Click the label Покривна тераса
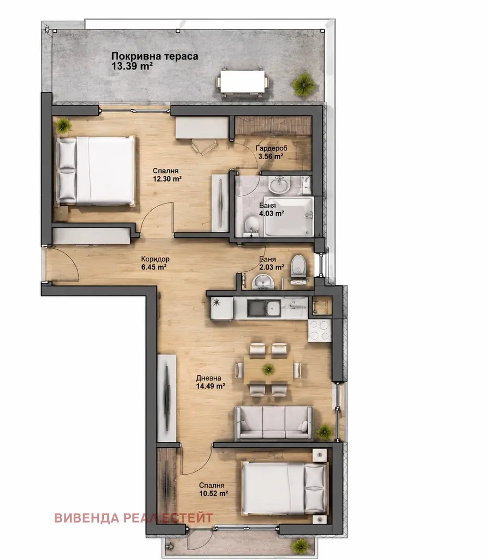(155, 56)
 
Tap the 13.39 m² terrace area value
(132, 66)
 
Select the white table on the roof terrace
(243, 82)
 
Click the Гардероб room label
(271, 148)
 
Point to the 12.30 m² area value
(167, 179)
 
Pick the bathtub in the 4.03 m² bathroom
(289, 217)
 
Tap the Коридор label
(155, 259)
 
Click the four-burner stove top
(320, 330)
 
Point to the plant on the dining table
(268, 369)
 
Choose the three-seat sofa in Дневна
(273, 423)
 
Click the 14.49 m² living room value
(210, 386)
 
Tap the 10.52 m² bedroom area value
(214, 494)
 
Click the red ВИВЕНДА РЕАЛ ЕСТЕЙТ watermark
(133, 518)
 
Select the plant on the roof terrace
(304, 85)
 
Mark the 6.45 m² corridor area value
(154, 267)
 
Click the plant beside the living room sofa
(325, 432)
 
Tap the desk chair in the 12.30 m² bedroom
(204, 147)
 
